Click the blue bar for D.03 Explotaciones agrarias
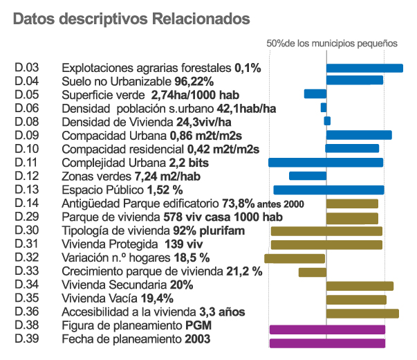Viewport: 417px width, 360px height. (364, 68)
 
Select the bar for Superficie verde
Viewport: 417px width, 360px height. (315, 94)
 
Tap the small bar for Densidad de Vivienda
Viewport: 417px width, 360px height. (327, 121)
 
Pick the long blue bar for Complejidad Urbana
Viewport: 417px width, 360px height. (326, 163)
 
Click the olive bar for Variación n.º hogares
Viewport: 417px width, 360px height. (295, 258)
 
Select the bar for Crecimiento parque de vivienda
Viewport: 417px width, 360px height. (312, 272)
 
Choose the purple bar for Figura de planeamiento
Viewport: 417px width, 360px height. (327, 329)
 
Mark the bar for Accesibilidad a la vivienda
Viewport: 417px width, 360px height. (362, 313)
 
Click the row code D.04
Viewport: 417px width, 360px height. (26, 82)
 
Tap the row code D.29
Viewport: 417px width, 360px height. (26, 217)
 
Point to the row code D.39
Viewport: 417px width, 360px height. (26, 339)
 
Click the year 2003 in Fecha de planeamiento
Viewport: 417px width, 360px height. (198, 339)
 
